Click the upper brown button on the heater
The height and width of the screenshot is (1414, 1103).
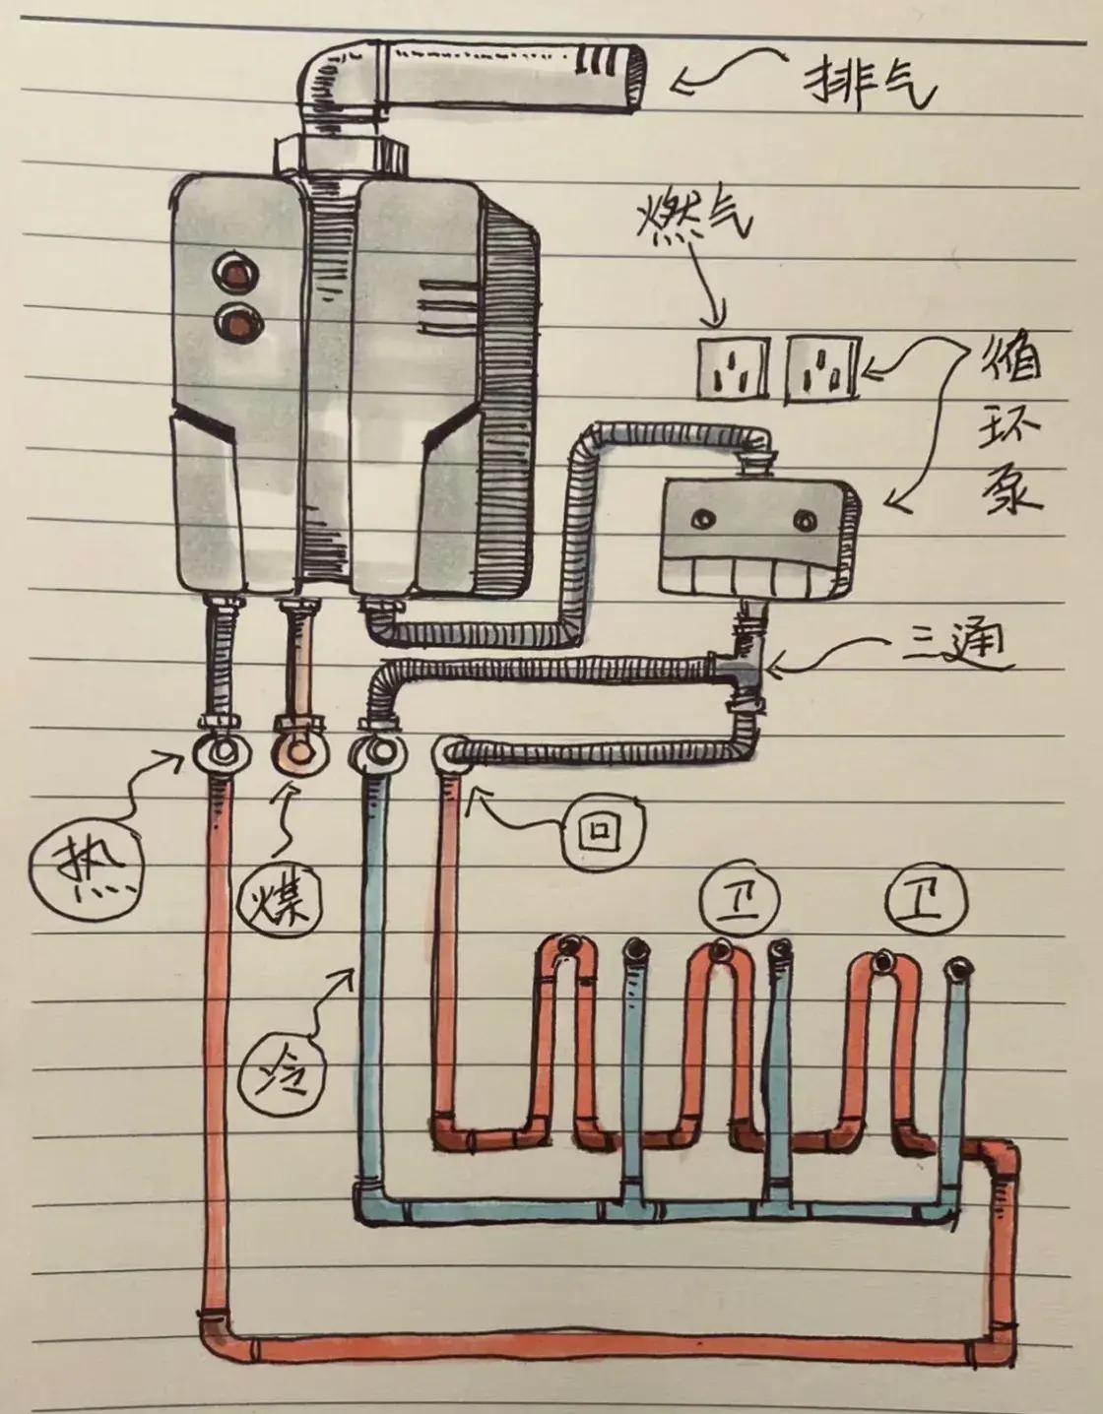(234, 268)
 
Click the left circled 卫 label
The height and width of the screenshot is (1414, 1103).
(739, 898)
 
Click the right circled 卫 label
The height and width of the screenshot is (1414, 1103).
(925, 898)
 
